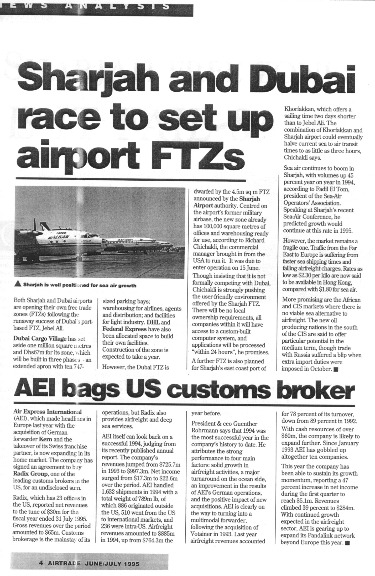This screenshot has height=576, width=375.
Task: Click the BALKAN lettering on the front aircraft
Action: tap(59, 237)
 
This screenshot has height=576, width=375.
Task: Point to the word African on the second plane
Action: tap(125, 240)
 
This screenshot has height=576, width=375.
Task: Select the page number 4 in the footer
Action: tap(41, 563)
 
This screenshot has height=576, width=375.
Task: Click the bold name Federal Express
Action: tap(124, 329)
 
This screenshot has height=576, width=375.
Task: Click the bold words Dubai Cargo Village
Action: tap(40, 339)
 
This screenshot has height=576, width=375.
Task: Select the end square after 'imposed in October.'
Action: tap(336, 369)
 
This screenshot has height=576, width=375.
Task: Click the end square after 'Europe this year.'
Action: tap(347, 542)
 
